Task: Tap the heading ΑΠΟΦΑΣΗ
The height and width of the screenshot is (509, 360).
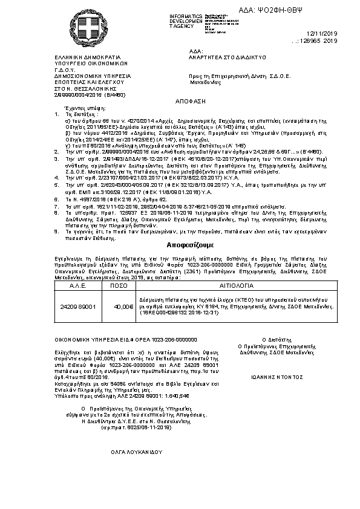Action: [172, 103]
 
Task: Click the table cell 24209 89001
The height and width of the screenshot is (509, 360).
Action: [78, 307]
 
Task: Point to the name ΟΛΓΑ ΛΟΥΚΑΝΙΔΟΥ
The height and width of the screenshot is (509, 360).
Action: [137, 451]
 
